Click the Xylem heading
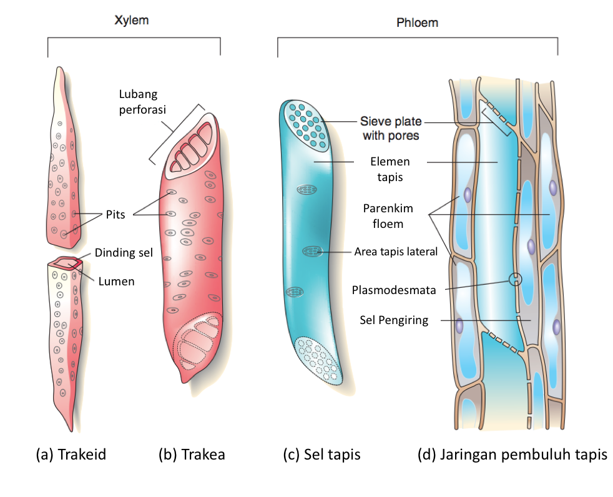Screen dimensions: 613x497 click(x=131, y=21)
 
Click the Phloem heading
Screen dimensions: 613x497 click(x=417, y=22)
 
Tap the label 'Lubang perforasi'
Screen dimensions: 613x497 click(x=142, y=102)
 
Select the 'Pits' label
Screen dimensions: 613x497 click(x=115, y=214)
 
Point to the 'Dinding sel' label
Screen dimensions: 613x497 click(x=124, y=253)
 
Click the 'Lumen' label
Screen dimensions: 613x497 click(x=116, y=281)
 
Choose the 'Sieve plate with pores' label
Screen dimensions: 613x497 click(x=391, y=128)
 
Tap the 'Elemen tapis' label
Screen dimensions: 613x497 click(x=390, y=169)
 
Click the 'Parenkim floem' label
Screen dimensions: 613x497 click(x=388, y=216)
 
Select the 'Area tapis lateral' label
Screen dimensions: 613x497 click(x=396, y=252)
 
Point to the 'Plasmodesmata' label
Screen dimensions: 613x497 click(x=394, y=290)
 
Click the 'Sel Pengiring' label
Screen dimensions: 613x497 click(x=394, y=320)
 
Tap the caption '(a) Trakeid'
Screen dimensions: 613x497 click(x=71, y=455)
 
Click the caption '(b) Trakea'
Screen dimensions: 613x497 click(x=192, y=455)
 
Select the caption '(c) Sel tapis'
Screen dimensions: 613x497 click(x=321, y=455)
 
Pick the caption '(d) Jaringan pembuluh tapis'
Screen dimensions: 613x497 click(x=512, y=455)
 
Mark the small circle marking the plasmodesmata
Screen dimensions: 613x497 click(x=515, y=279)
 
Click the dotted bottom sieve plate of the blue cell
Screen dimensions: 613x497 click(x=318, y=360)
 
